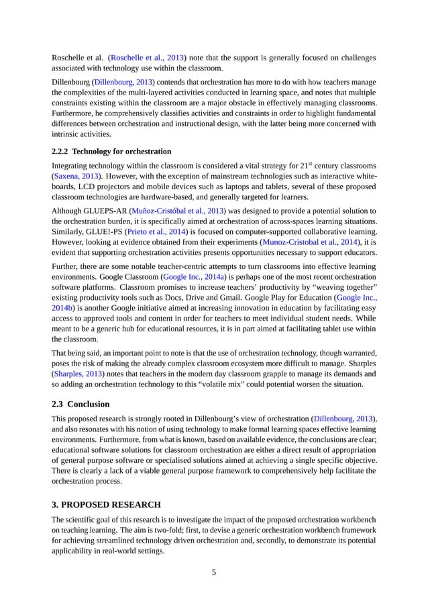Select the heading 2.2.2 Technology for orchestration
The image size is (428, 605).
point(111,151)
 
